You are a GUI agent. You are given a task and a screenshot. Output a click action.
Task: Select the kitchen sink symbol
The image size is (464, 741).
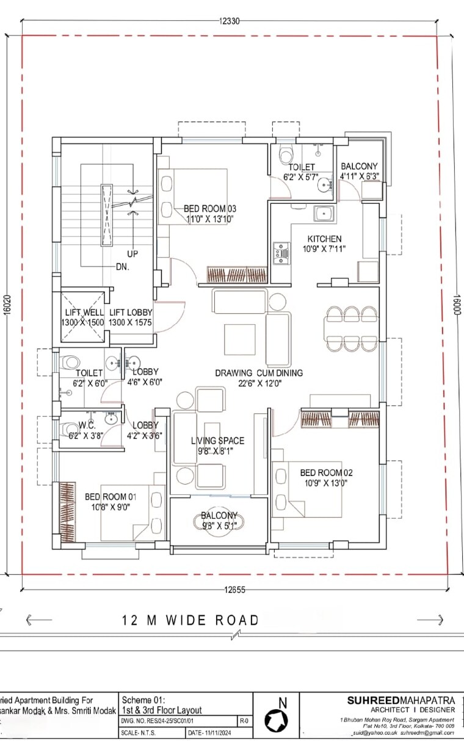pyautogui.click(x=323, y=214)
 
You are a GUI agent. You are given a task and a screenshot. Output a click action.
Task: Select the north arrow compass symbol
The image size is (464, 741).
pyautogui.click(x=275, y=720)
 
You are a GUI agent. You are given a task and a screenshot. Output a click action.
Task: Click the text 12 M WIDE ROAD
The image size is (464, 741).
pyautogui.click(x=190, y=620)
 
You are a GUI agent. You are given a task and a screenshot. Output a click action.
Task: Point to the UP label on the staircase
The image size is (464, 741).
pyautogui.click(x=132, y=253)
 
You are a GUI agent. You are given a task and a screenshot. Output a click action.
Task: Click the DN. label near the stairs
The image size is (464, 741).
pyautogui.click(x=123, y=267)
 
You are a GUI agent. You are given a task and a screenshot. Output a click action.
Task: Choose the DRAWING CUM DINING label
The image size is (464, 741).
pyautogui.click(x=258, y=372)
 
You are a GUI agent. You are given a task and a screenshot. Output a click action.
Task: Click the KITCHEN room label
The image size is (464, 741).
pyautogui.click(x=324, y=239)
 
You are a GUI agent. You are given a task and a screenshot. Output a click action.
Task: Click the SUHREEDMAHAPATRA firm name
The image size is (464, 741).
pyautogui.click(x=401, y=701)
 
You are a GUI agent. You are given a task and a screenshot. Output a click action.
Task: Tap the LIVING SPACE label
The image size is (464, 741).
pyautogui.click(x=217, y=441)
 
